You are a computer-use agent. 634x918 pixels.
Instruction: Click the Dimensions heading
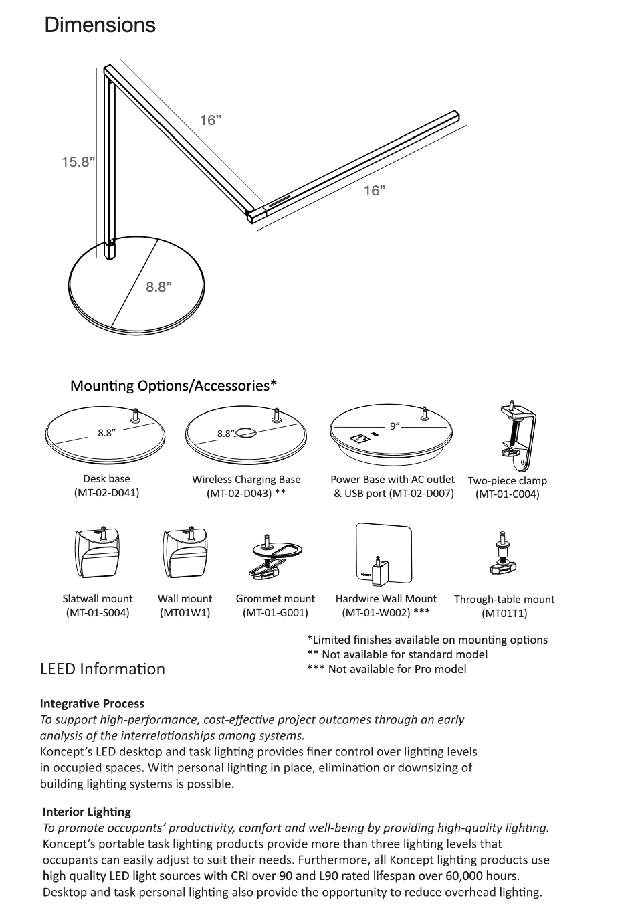click(x=100, y=25)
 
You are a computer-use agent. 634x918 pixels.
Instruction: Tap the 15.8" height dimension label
click(x=78, y=162)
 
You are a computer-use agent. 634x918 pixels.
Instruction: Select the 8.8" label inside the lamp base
click(x=159, y=287)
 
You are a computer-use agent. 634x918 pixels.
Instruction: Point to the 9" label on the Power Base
click(x=395, y=426)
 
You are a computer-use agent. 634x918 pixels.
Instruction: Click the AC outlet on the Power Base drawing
click(x=358, y=439)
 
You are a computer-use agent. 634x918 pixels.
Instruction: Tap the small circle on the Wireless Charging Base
click(x=245, y=432)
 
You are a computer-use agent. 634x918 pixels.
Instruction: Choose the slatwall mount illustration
click(x=98, y=552)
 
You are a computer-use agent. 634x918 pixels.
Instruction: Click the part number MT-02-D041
click(x=106, y=493)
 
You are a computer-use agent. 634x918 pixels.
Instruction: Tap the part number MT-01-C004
click(x=508, y=494)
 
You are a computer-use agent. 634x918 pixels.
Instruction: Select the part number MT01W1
click(x=185, y=613)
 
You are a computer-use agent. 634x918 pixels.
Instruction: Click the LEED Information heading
click(x=102, y=669)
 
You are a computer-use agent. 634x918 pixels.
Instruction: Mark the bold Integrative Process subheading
click(x=92, y=704)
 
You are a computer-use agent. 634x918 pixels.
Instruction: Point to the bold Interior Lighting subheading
click(x=87, y=812)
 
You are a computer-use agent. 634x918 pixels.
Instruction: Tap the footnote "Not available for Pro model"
click(x=397, y=669)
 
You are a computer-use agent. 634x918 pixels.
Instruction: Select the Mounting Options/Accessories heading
click(x=174, y=386)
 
